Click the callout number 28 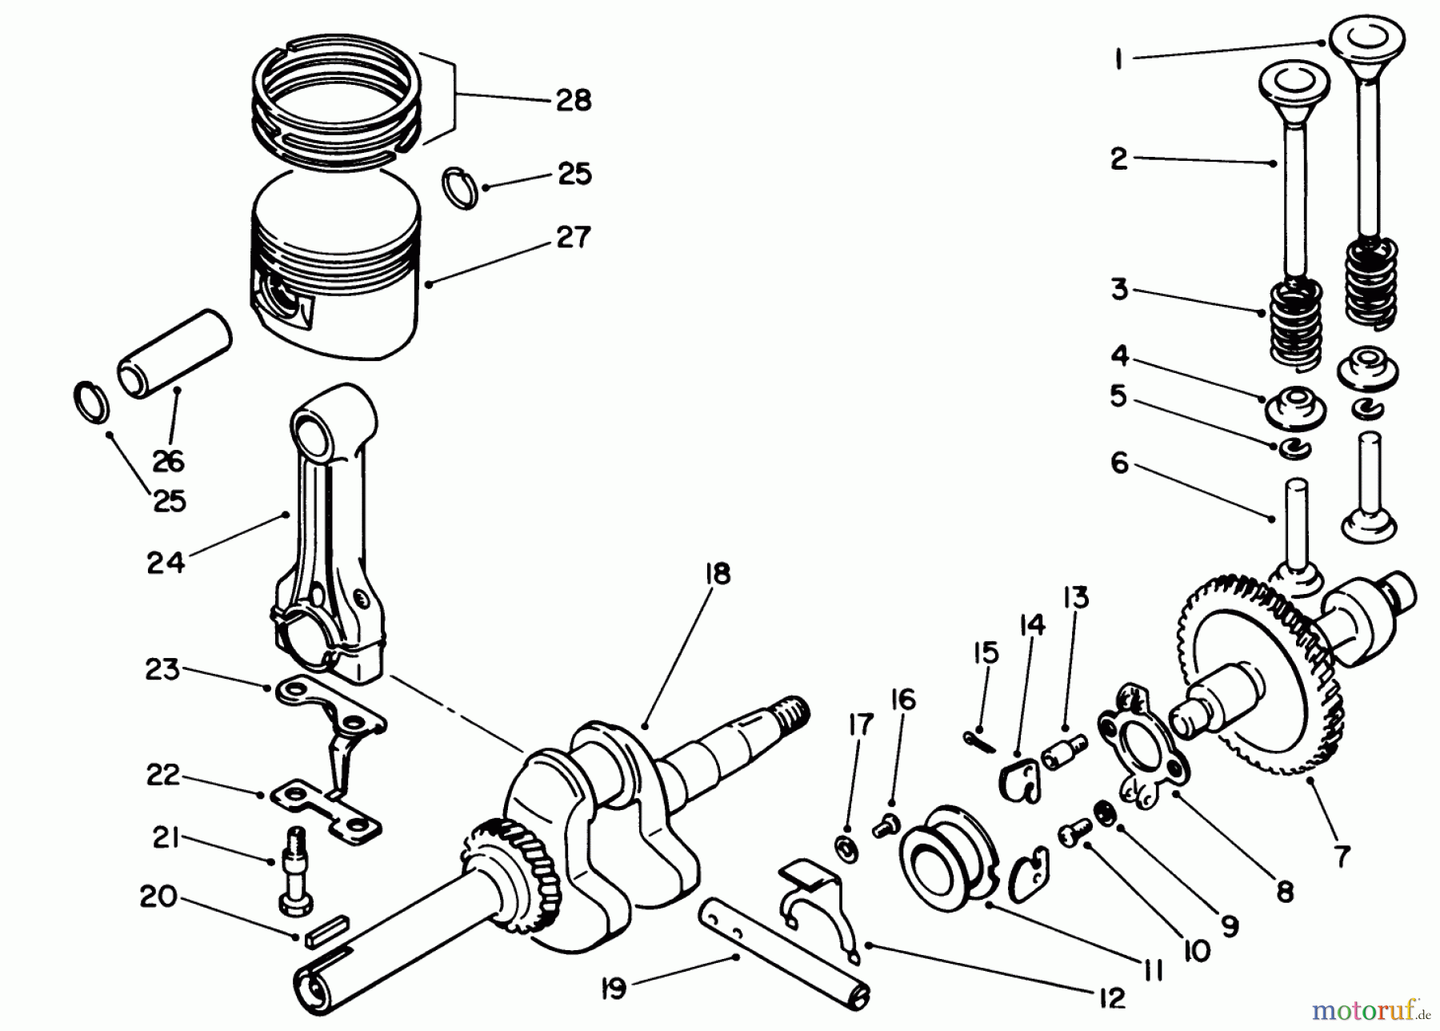[x=573, y=101]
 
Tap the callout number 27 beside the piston [x=573, y=237]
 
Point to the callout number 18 [x=718, y=574]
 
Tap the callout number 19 [x=614, y=989]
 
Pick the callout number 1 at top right [x=1120, y=58]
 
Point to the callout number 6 [x=1119, y=462]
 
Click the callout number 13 [x=1076, y=597]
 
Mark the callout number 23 [x=162, y=668]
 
